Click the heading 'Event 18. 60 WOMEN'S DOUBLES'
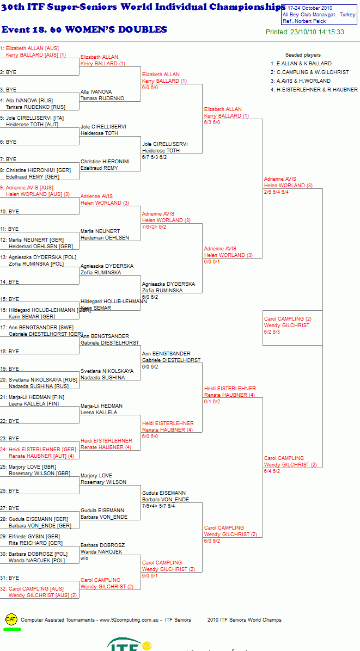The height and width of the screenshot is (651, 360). coord(84,30)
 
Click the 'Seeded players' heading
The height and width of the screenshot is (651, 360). coord(303,55)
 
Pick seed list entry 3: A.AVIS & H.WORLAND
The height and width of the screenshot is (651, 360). coord(301,81)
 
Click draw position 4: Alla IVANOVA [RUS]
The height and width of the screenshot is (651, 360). coord(32,101)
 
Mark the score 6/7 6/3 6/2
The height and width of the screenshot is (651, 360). coord(155,157)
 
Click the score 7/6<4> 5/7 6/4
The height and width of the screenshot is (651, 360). coord(158,506)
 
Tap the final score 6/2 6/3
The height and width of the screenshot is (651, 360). coord(272,331)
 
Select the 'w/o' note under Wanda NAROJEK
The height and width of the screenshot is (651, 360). coord(85,558)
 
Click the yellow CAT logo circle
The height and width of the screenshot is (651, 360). coord(11,619)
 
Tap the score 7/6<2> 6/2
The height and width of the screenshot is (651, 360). coord(155,227)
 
